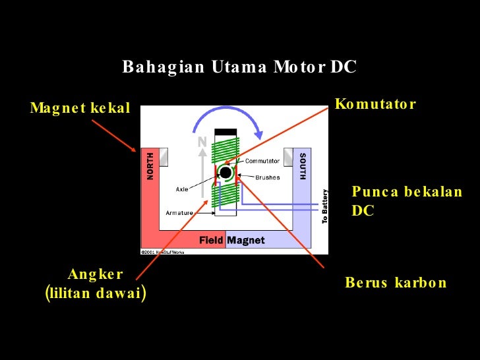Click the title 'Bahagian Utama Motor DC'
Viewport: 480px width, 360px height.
pos(239,67)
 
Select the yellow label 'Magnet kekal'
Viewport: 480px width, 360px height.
pos(80,108)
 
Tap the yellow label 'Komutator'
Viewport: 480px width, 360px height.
pos(375,104)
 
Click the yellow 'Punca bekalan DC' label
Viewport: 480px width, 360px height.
pos(407,201)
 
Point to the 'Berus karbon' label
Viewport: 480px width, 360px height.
pos(396,283)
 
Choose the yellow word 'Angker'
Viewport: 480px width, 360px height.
pos(96,274)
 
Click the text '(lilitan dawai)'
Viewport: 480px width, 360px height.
pos(96,293)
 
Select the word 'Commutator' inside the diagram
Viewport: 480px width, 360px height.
pos(262,161)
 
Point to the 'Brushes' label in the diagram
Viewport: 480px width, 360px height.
pos(268,177)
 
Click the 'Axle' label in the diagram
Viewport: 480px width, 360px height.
pos(182,189)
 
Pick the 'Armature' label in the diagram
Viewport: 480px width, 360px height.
pos(179,213)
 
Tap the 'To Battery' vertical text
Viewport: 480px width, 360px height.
pos(324,207)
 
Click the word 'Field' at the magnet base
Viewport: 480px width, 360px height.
pos(211,241)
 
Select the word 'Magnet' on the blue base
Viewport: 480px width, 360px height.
pos(246,241)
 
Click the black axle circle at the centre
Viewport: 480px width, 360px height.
pos(225,173)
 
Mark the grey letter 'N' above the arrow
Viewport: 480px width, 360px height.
pos(202,142)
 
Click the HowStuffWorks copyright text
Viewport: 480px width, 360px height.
pos(164,251)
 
